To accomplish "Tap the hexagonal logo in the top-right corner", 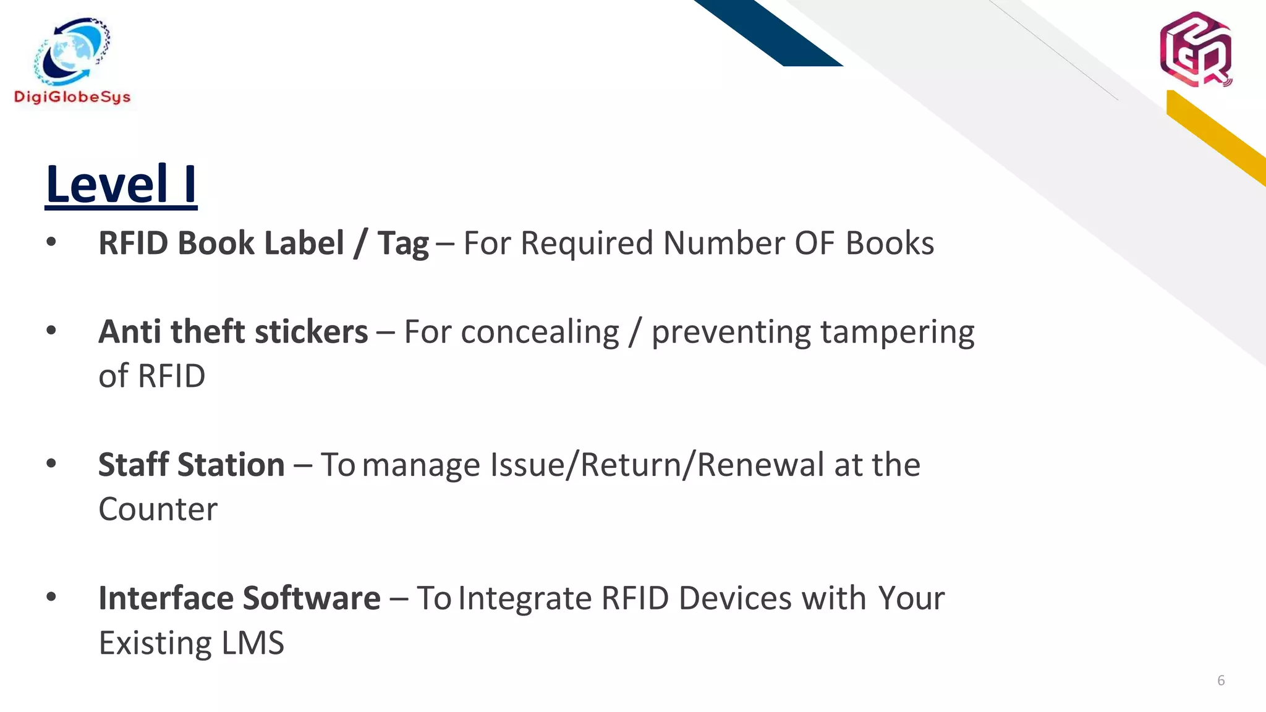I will click(x=1196, y=49).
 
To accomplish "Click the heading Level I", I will click(x=121, y=184).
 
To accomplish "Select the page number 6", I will click(x=1221, y=680).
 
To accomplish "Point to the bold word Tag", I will click(x=403, y=243).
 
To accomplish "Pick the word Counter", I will click(x=158, y=509).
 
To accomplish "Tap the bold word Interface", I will click(x=165, y=598).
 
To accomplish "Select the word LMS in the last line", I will click(x=253, y=643).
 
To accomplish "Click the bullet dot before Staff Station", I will click(x=51, y=463).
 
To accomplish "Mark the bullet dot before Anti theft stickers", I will click(x=51, y=330).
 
